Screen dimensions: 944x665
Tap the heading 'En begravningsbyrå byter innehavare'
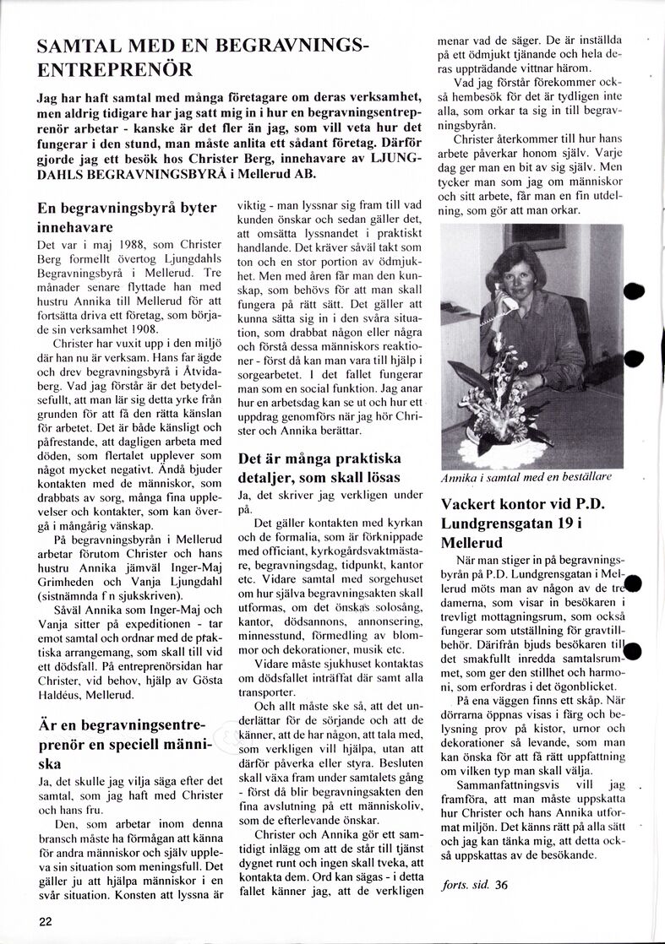(x=127, y=217)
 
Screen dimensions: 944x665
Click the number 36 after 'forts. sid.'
(x=503, y=886)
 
